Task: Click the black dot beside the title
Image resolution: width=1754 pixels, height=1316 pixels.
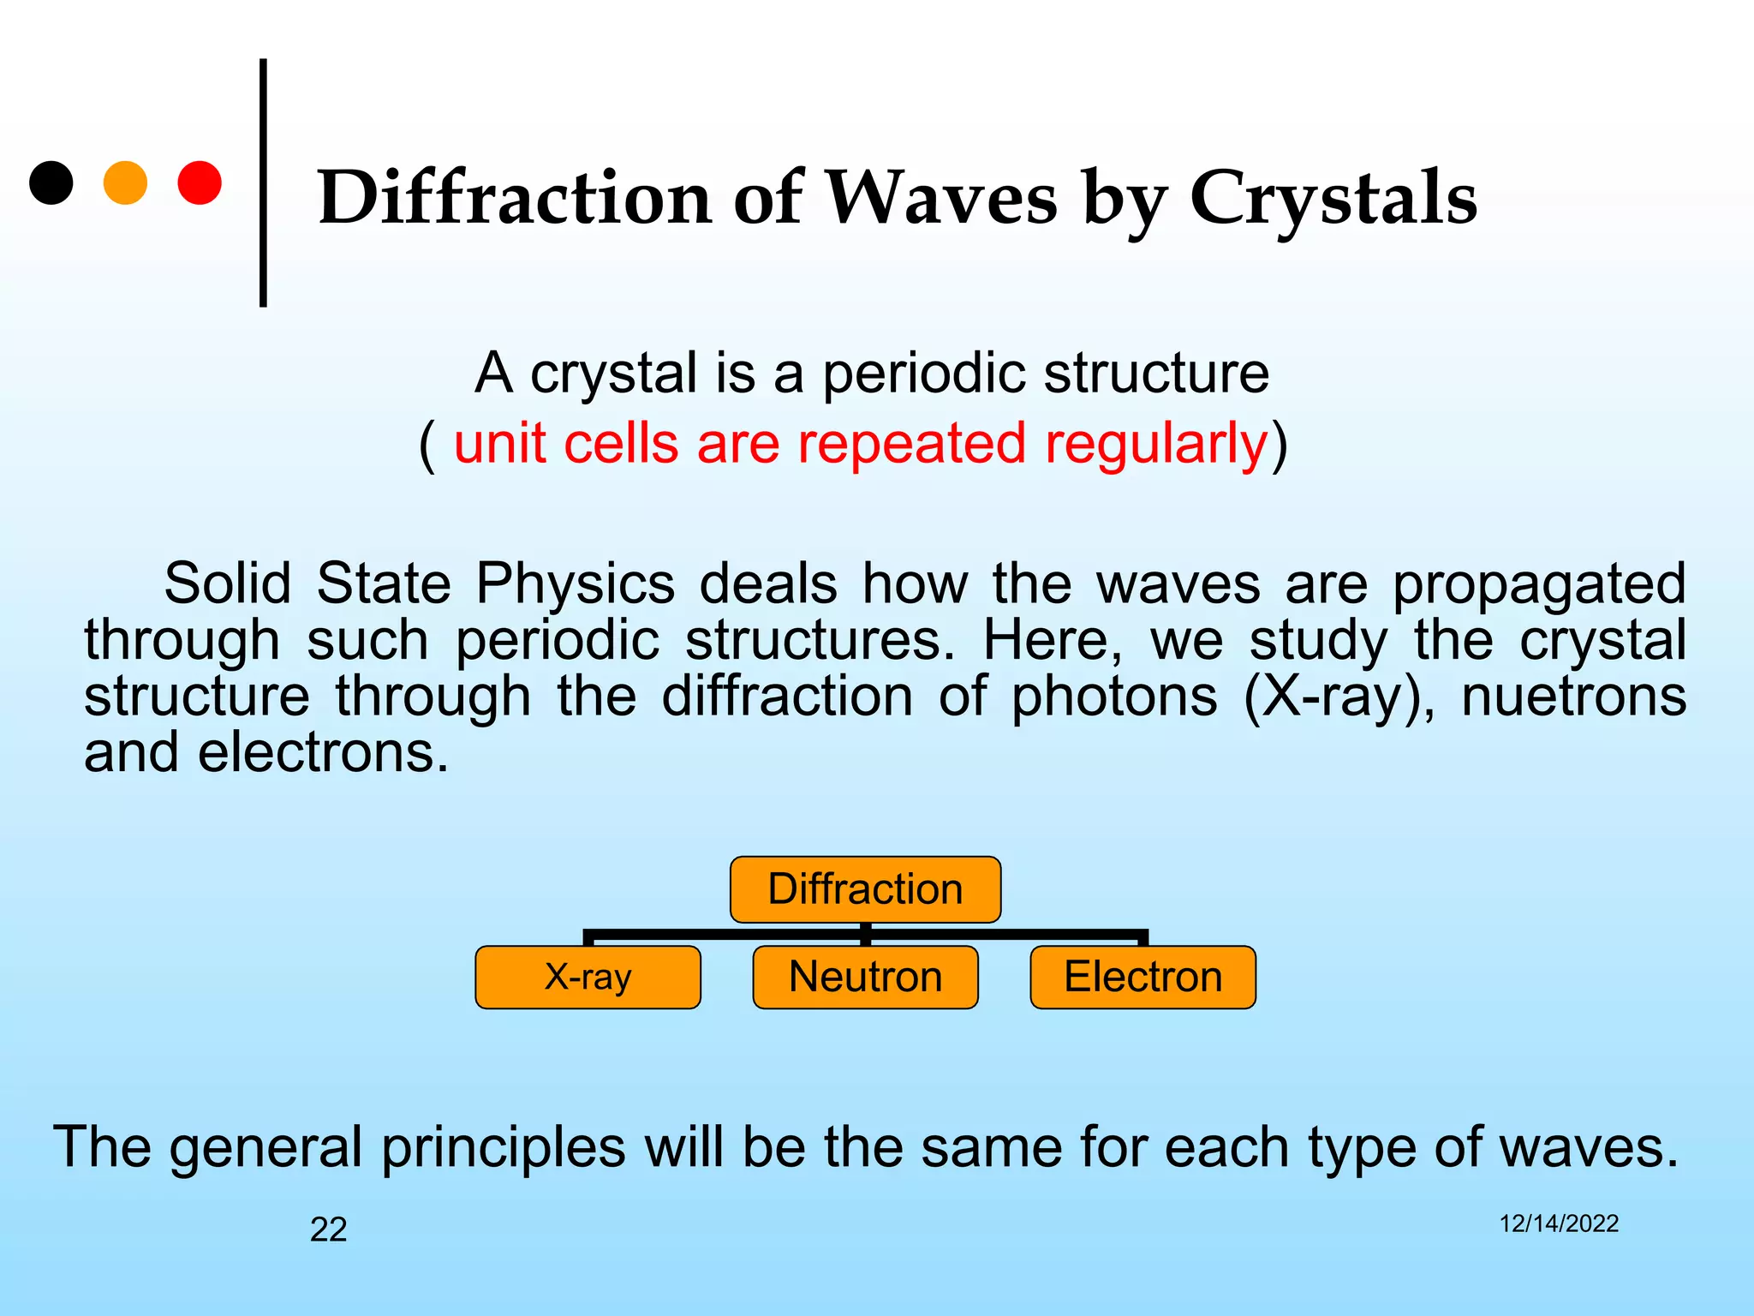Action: [x=51, y=182]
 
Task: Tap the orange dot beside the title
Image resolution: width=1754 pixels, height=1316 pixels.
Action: [x=125, y=182]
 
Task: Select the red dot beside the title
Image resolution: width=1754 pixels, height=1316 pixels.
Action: [x=200, y=182]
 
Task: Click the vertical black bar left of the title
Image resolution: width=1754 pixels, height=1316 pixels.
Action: [x=263, y=182]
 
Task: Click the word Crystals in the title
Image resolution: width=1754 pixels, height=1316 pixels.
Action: [x=1333, y=199]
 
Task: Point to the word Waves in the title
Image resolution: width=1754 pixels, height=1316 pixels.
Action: [x=940, y=199]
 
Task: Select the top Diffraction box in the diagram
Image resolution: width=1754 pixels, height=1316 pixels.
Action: [x=865, y=889]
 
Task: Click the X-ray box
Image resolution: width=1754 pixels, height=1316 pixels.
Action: [x=588, y=978]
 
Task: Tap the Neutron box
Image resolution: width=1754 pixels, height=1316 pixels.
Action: [x=865, y=978]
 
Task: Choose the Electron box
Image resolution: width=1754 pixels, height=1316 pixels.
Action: [x=1142, y=978]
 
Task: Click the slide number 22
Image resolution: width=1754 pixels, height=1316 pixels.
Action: [x=328, y=1229]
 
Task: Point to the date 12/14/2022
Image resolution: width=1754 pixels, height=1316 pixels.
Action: [x=1558, y=1223]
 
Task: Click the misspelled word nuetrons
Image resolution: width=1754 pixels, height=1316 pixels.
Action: [x=1573, y=697]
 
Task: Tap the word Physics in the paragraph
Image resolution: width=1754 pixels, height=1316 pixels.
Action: [x=576, y=584]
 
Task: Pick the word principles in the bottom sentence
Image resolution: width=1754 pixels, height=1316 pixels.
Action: [x=504, y=1148]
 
